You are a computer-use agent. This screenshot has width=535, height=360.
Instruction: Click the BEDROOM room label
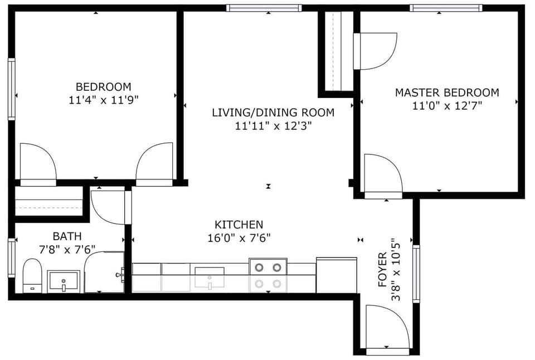[104, 87]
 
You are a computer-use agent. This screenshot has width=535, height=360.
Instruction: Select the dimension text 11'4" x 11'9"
[104, 100]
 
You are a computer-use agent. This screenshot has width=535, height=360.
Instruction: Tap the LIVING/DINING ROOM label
[273, 113]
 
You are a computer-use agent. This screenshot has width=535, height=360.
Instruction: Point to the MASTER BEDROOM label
[447, 93]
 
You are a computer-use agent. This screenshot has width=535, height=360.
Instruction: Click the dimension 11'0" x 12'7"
[447, 106]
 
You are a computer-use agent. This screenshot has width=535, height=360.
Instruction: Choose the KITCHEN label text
[239, 225]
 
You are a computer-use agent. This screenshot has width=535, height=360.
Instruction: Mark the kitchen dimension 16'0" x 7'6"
[239, 238]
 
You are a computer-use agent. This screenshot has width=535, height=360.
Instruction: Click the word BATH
[67, 236]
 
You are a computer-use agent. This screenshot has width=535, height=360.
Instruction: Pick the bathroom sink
[64, 280]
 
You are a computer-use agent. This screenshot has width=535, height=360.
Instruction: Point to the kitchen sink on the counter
[210, 278]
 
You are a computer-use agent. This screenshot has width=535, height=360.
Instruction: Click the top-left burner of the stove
[259, 267]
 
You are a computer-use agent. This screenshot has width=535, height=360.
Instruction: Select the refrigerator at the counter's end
[336, 275]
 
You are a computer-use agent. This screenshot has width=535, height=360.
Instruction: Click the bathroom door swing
[107, 207]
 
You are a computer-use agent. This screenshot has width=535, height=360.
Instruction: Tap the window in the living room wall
[264, 8]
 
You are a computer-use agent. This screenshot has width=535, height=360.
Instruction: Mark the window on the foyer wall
[416, 274]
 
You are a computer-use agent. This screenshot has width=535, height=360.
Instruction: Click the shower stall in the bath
[104, 272]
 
